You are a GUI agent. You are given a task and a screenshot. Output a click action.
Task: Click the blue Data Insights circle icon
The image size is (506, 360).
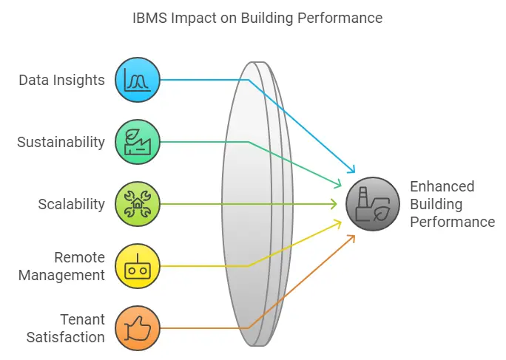138,80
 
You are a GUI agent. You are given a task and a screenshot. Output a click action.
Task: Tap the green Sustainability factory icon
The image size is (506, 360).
138,142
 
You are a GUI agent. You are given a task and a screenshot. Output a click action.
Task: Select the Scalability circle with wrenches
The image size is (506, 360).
138,204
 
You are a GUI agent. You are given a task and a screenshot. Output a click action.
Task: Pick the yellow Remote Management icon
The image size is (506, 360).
138,266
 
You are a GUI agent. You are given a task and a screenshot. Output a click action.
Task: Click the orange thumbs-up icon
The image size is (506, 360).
138,328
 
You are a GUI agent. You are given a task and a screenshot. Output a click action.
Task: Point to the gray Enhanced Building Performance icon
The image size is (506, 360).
373,204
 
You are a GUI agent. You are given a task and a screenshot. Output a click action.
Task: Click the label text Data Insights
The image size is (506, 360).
61,81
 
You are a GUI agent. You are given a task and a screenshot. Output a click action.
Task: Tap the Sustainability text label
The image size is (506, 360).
61,143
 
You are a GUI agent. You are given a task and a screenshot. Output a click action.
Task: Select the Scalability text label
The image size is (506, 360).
71,205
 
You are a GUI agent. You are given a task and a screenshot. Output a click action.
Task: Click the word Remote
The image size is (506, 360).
79,257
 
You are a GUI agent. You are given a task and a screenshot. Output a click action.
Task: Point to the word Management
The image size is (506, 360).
61,276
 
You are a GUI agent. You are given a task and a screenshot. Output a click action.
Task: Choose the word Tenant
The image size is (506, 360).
82,319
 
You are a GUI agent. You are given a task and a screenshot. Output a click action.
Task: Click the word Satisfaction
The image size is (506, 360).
66,337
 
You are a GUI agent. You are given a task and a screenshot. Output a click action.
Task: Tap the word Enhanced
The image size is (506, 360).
442,186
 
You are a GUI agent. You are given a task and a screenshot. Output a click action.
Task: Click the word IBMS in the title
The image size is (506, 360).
150,18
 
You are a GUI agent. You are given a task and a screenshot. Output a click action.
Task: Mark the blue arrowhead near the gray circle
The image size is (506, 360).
351,169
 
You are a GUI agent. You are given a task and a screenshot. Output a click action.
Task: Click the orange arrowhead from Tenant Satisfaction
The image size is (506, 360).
351,239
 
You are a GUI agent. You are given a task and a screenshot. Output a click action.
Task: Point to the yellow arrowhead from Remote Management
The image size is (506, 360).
338,223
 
